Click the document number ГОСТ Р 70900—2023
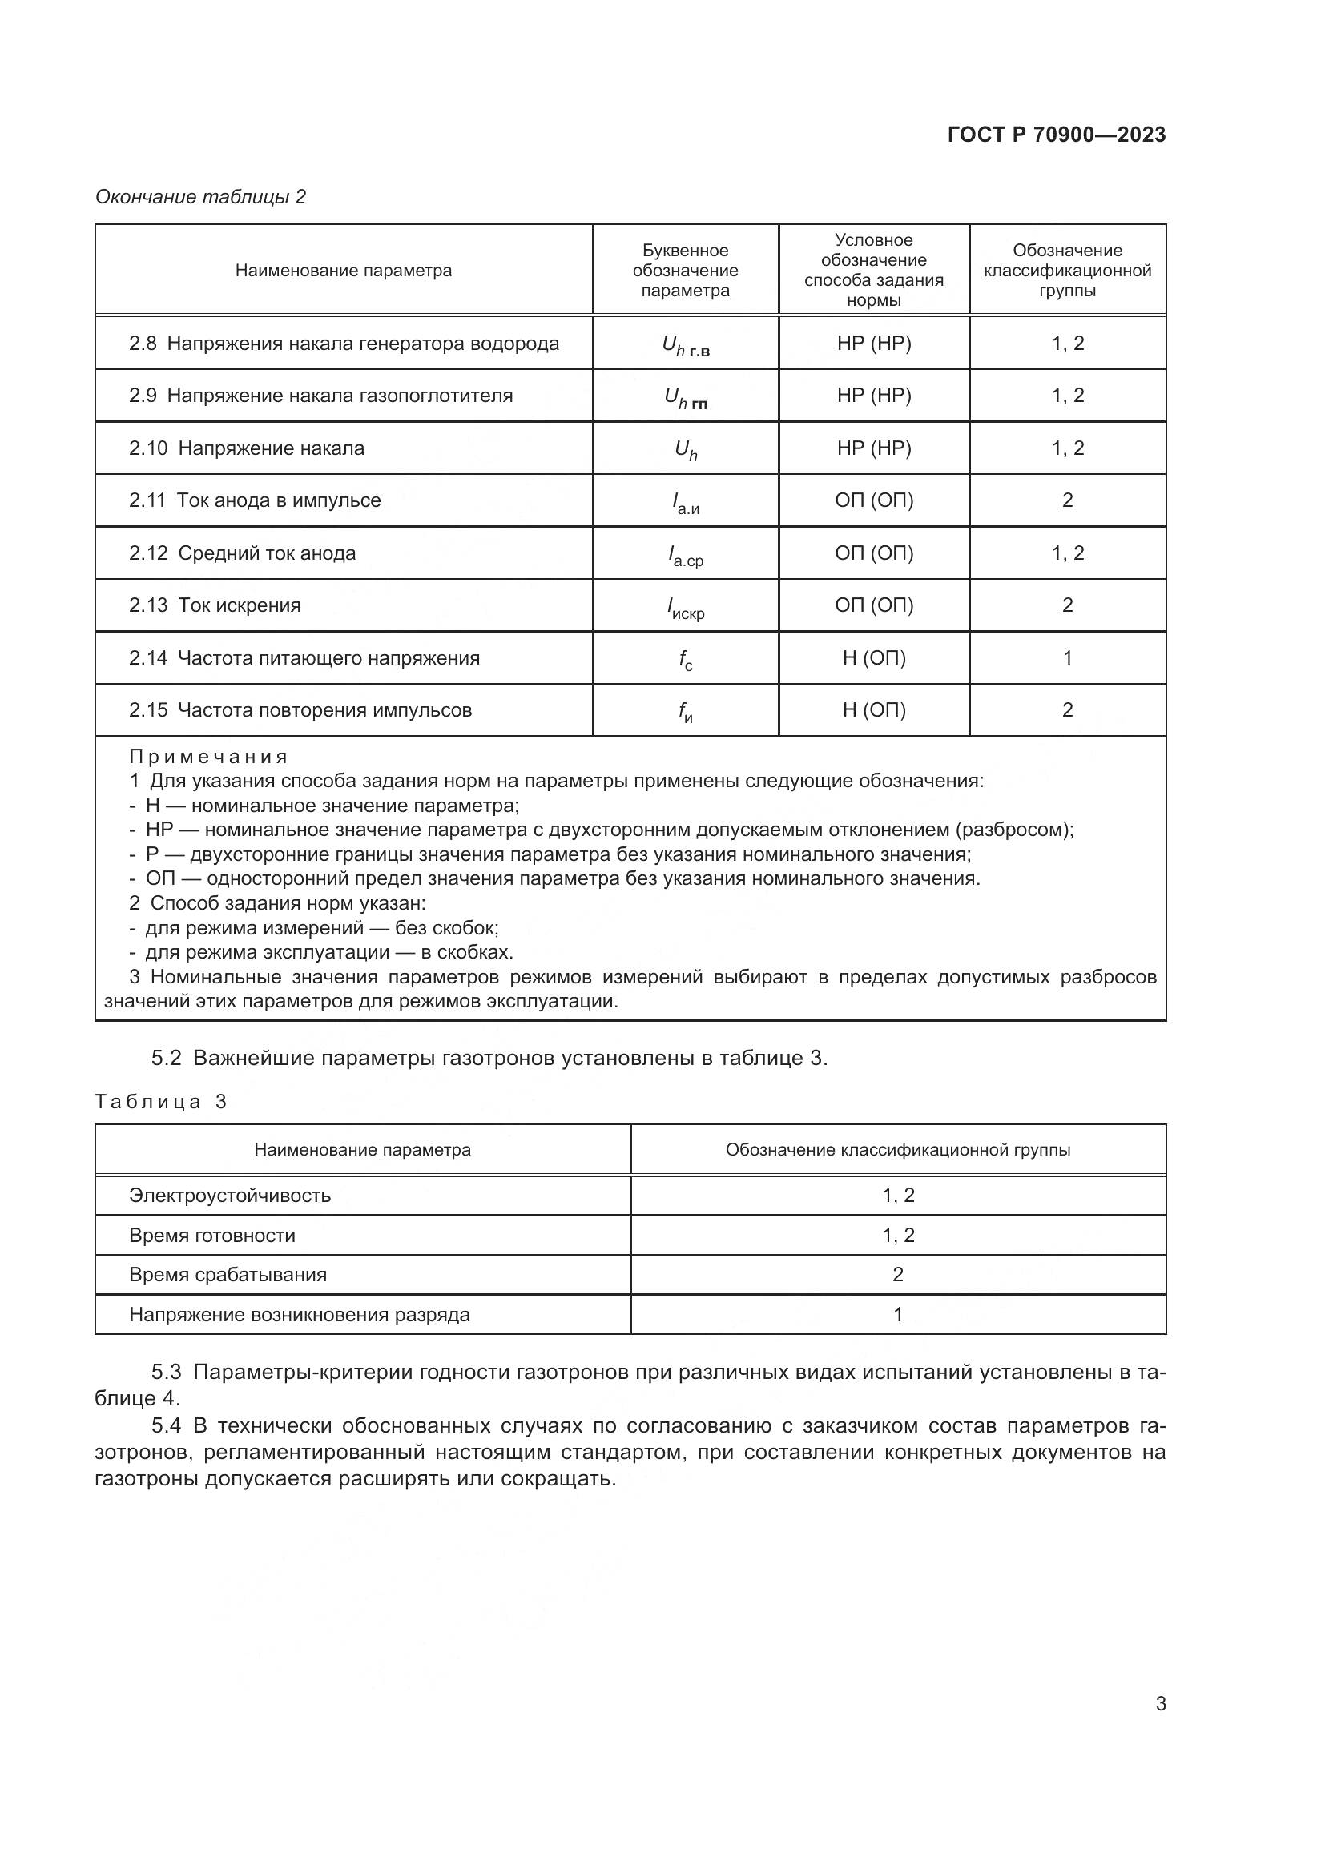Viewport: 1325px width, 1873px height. pyautogui.click(x=1056, y=135)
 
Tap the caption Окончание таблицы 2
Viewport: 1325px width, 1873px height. pyautogui.click(x=200, y=197)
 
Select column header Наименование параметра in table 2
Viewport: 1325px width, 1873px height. pyautogui.click(x=343, y=271)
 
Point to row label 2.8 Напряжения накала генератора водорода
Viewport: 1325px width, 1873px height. pyautogui.click(x=344, y=344)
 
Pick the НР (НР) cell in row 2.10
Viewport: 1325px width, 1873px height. pyautogui.click(x=873, y=448)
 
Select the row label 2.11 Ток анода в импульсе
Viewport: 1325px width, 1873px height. pyautogui.click(x=255, y=500)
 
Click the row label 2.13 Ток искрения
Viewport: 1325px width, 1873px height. pyautogui.click(x=215, y=605)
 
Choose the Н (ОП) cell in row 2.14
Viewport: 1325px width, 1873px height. pyautogui.click(x=873, y=658)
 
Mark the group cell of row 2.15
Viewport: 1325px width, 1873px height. pyautogui.click(x=1066, y=710)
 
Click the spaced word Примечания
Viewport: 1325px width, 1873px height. pyautogui.click(x=208, y=757)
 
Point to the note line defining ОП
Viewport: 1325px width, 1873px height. pyautogui.click(x=555, y=879)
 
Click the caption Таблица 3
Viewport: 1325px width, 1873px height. pyautogui.click(x=161, y=1102)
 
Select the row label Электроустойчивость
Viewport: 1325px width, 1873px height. pyautogui.click(x=229, y=1196)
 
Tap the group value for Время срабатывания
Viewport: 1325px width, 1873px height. pyautogui.click(x=897, y=1275)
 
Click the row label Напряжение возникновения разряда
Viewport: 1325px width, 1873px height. pyautogui.click(x=299, y=1315)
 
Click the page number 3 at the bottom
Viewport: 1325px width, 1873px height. pyautogui.click(x=1160, y=1704)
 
